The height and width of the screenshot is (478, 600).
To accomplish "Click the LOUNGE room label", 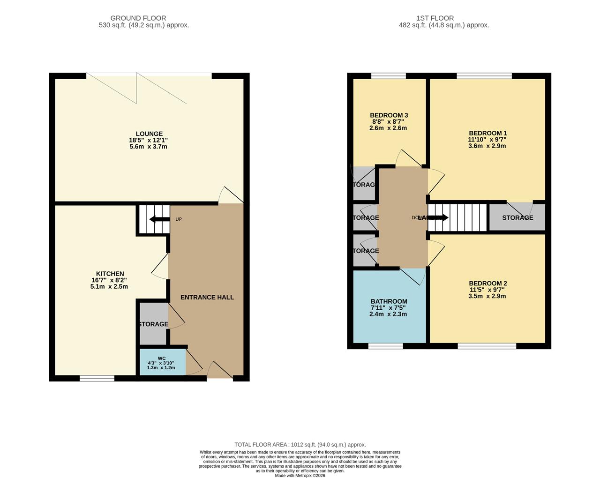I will [x=149, y=134].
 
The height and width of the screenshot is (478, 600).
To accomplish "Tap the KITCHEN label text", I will [x=110, y=274].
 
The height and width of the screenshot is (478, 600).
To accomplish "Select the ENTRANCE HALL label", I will [x=207, y=297].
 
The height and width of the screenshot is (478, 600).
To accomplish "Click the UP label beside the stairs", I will [x=179, y=219].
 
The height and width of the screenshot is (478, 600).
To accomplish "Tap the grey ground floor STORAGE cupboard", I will [x=153, y=324].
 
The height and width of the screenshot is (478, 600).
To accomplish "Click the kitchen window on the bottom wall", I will [x=97, y=379].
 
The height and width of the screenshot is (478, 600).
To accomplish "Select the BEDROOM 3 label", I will [x=389, y=115].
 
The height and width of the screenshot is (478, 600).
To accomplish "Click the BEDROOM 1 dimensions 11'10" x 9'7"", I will [x=487, y=139].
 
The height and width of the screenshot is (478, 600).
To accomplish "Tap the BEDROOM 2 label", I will [x=487, y=283].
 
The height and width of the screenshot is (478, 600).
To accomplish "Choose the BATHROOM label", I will [x=389, y=301].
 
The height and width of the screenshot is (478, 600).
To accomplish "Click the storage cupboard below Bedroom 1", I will [x=517, y=217].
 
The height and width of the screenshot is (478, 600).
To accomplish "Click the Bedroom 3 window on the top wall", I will [x=389, y=76].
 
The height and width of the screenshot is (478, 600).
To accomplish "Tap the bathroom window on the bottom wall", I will [x=385, y=346].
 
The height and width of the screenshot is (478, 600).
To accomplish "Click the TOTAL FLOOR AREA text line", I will [x=300, y=444].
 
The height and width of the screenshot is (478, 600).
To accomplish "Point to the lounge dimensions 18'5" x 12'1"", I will [x=148, y=140].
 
